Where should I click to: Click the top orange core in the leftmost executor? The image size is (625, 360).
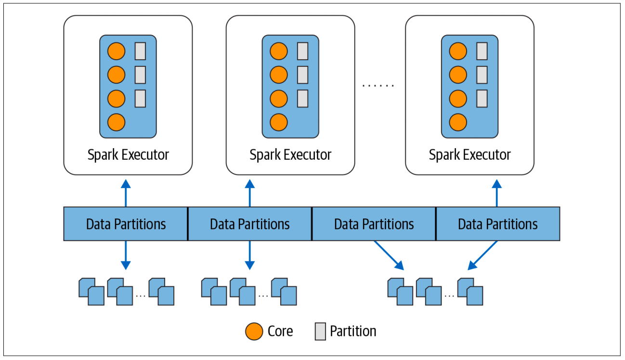click(x=116, y=51)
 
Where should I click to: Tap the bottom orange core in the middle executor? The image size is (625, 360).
click(x=278, y=122)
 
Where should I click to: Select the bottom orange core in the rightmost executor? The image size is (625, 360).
click(x=458, y=122)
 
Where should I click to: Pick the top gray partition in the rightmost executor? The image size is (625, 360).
click(x=482, y=51)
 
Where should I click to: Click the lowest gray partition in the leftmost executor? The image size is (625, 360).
click(x=140, y=98)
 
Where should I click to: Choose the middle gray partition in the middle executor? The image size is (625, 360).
click(x=302, y=75)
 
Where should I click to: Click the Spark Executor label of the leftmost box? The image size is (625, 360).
click(x=128, y=155)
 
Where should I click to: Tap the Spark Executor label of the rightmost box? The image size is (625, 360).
click(x=469, y=155)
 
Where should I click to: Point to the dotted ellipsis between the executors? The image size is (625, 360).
click(x=378, y=86)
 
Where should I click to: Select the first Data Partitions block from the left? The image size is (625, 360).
click(x=126, y=224)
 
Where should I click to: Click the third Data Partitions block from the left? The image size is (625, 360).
click(x=374, y=224)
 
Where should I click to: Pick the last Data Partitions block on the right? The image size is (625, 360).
click(x=497, y=224)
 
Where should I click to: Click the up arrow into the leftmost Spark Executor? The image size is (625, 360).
click(x=126, y=193)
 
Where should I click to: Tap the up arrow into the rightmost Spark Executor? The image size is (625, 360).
click(x=497, y=193)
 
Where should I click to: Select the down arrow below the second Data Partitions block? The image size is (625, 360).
click(x=249, y=255)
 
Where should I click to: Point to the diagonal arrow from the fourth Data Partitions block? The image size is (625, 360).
click(x=483, y=255)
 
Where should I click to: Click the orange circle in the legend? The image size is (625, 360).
click(x=254, y=331)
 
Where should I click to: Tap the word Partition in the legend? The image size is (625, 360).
click(x=353, y=331)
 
